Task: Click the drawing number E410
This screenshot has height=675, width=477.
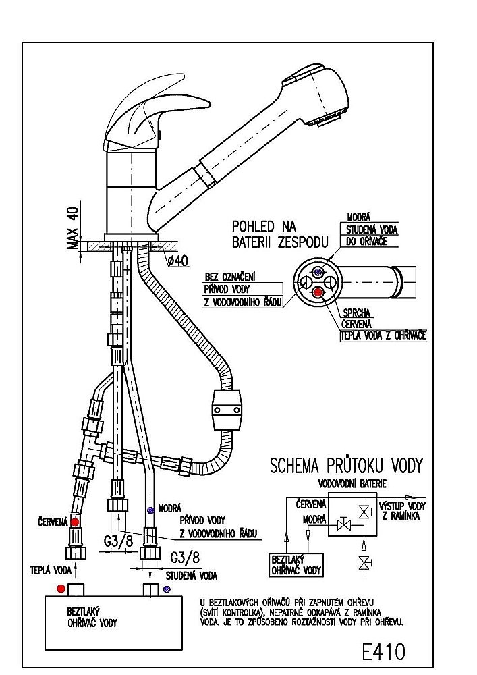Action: pyautogui.click(x=383, y=651)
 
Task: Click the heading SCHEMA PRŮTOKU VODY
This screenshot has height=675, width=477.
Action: pyautogui.click(x=346, y=466)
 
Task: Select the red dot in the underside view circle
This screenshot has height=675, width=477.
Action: pyautogui.click(x=318, y=292)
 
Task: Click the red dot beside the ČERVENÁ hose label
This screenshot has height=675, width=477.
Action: pyautogui.click(x=76, y=522)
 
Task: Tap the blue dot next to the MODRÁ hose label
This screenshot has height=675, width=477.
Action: pyautogui.click(x=150, y=510)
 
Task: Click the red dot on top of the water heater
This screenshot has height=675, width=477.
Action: pyautogui.click(x=61, y=589)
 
